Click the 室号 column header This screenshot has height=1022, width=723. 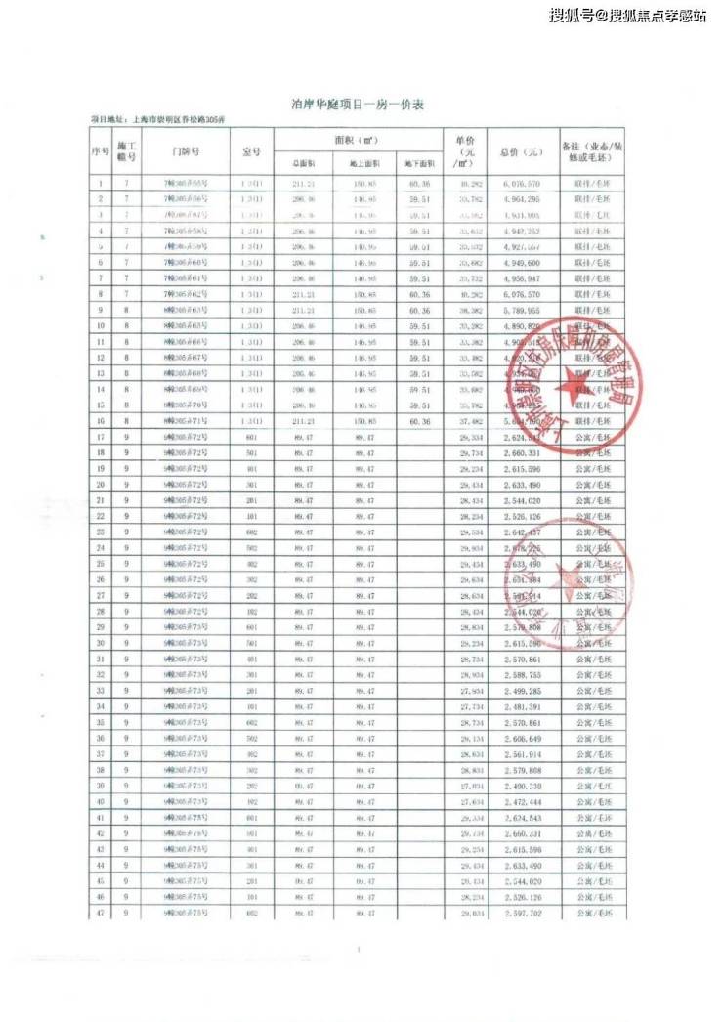coord(251,151)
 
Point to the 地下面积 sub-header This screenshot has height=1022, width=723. coord(419,164)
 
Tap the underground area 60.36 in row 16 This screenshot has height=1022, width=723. coord(419,420)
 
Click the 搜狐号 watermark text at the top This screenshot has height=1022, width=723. coord(570,16)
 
